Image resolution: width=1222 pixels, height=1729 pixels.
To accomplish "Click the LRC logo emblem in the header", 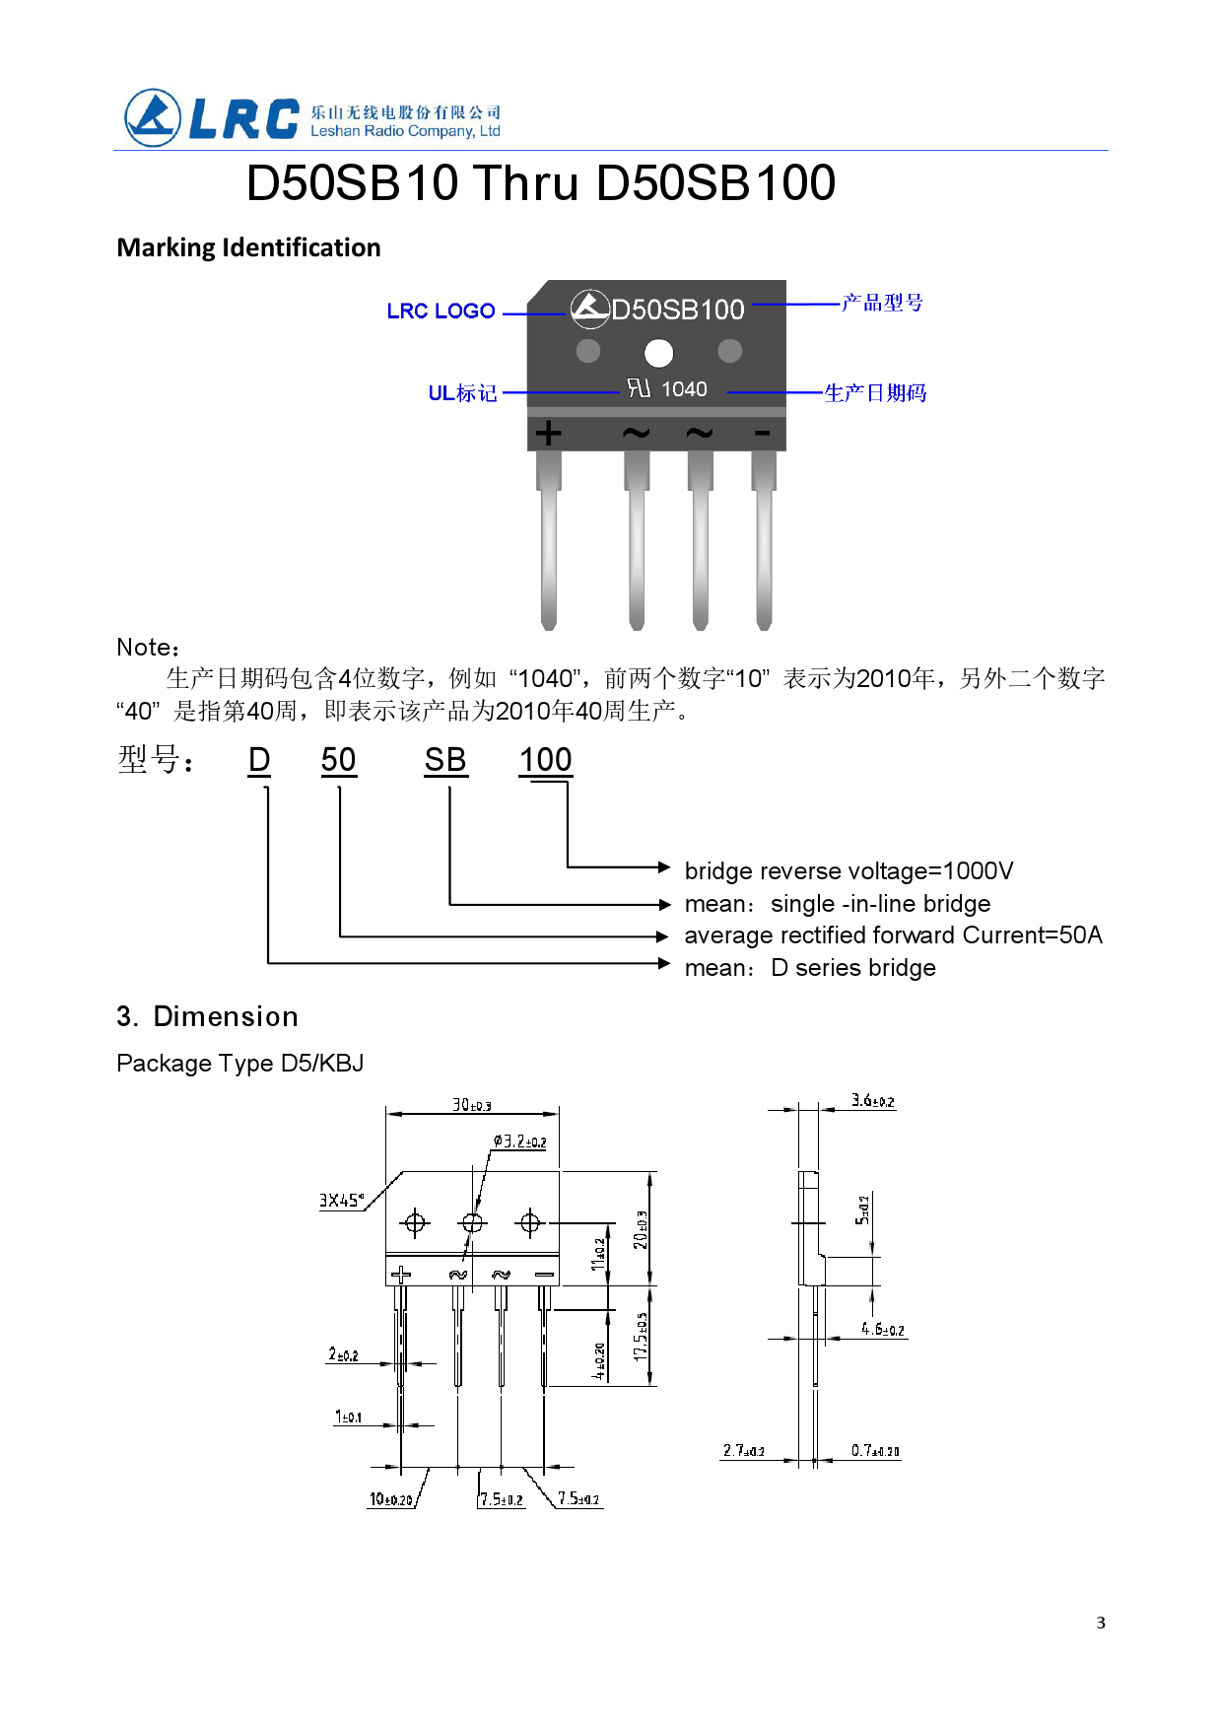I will tap(153, 118).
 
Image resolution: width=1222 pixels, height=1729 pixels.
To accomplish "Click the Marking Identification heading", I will tap(248, 247).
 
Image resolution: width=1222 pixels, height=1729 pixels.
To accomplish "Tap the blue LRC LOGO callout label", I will tap(441, 311).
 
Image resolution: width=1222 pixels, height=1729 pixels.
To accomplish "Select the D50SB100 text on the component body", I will tap(677, 310).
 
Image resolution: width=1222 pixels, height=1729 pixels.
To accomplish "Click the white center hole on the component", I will tap(658, 352).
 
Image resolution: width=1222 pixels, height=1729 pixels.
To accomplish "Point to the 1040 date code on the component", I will tap(684, 389).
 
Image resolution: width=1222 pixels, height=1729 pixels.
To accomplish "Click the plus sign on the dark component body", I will tap(549, 433).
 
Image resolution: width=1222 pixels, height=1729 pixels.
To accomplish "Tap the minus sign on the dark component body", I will tap(762, 433).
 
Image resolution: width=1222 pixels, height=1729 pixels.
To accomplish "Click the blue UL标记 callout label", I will tap(462, 393).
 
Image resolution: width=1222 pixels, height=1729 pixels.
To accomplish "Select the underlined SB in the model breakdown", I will tap(445, 760).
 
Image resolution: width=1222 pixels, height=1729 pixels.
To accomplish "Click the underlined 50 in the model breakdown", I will tap(338, 760).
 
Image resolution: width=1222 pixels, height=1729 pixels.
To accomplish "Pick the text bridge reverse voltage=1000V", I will tap(849, 871).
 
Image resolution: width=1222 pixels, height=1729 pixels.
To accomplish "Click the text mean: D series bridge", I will tap(809, 968).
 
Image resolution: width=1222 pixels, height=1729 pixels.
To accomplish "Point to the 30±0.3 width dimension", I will tap(471, 1105).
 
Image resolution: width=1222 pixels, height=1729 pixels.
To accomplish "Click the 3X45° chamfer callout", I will tap(341, 1201).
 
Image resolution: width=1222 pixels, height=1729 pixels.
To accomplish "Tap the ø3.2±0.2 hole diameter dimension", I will tap(519, 1141).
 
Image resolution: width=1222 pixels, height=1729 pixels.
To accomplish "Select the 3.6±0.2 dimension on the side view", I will tap(873, 1101).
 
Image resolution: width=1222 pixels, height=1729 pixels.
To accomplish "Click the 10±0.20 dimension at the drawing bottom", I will tap(390, 1499).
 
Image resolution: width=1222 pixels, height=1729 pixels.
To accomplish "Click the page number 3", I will tap(1101, 1623).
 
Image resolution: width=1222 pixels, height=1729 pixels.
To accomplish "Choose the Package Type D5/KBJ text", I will tap(239, 1064).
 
